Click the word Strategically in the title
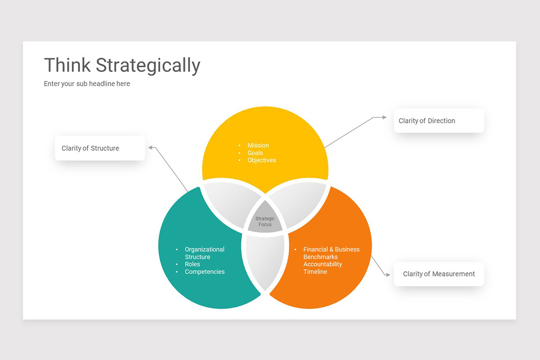[x=148, y=66]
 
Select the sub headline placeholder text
[x=87, y=84]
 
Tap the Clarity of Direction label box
[x=439, y=121]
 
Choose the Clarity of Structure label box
[x=100, y=148]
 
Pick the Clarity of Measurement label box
[x=439, y=274]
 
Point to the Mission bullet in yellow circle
[x=258, y=145]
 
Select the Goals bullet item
[x=255, y=153]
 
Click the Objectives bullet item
[x=261, y=160]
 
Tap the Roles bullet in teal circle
[x=192, y=264]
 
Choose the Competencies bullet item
[x=204, y=272]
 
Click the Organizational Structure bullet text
[x=204, y=253]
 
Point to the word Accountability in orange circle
[x=323, y=264]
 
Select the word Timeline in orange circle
[x=315, y=272]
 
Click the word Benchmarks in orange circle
[x=320, y=257]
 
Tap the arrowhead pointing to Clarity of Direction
[x=384, y=117]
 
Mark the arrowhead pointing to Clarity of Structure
[x=151, y=147]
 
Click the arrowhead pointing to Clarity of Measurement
[x=388, y=274]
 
